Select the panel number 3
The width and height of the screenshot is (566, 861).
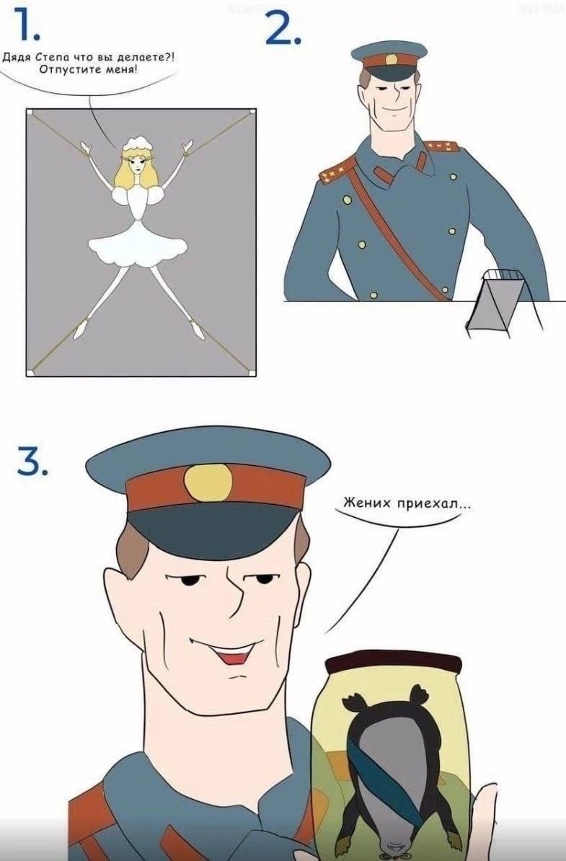click(x=32, y=461)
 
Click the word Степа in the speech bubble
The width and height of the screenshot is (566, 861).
click(x=52, y=58)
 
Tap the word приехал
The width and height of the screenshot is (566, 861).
click(x=431, y=503)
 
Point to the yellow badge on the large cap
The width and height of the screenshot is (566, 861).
click(x=208, y=482)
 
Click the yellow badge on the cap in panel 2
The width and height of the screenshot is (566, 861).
click(x=392, y=59)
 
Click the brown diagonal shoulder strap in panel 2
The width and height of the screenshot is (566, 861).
click(x=397, y=231)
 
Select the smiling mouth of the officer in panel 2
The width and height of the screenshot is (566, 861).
click(x=392, y=107)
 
